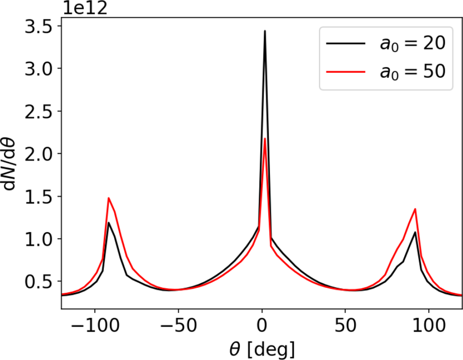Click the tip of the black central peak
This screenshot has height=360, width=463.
point(265,31)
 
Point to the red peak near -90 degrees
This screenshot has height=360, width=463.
point(108,198)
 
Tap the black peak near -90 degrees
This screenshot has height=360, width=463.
point(108,222)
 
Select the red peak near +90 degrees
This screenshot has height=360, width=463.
point(415,209)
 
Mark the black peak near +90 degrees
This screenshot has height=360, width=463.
point(415,232)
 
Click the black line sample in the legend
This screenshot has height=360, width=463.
point(344,44)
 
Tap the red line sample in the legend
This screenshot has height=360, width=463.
point(344,71)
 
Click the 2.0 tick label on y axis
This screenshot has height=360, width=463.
point(40,154)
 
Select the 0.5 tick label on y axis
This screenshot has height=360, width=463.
point(40,281)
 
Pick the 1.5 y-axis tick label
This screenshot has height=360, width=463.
point(40,196)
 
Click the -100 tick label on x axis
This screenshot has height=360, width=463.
point(90,328)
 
